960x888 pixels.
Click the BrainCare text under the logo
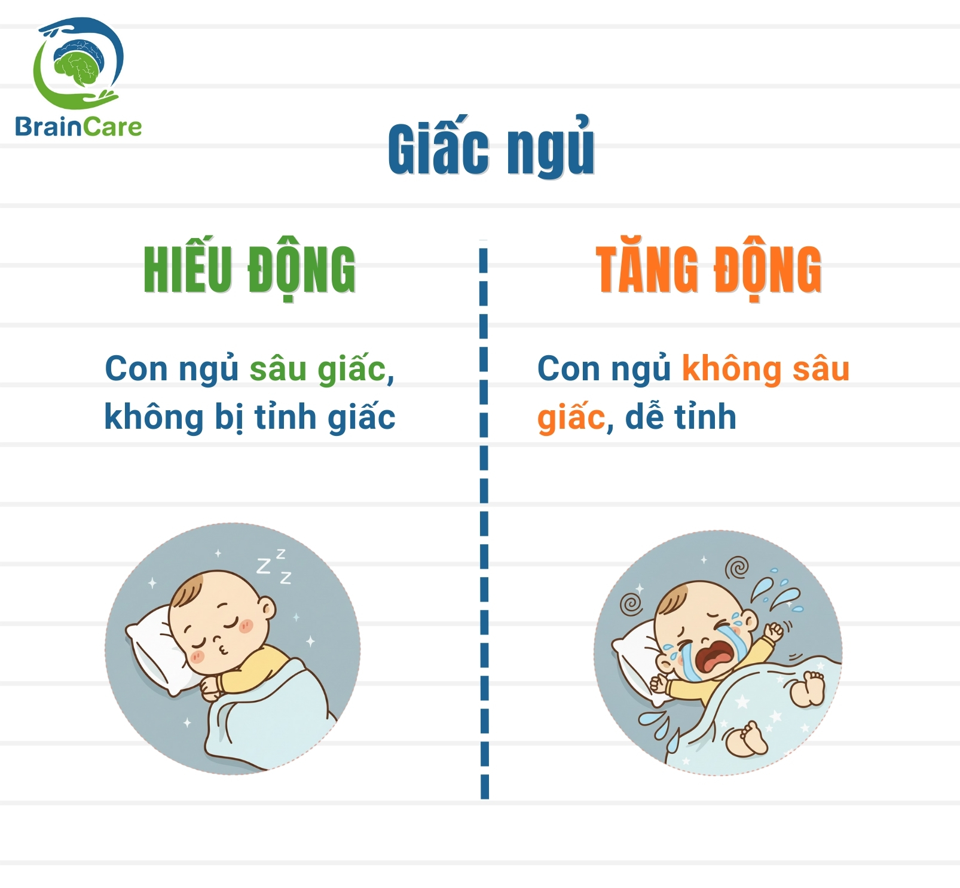78,127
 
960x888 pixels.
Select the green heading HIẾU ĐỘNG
249,270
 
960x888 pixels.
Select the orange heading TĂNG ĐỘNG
708,270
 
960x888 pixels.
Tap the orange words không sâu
765,369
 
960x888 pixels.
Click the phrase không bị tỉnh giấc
250,417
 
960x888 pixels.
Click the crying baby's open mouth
715,658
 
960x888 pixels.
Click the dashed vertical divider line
484,520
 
